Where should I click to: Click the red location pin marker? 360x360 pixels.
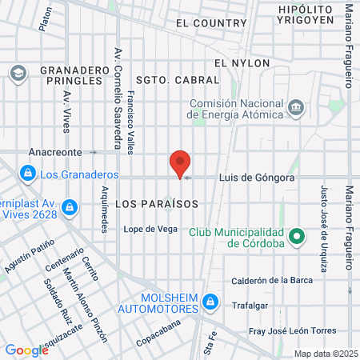(x=180, y=163)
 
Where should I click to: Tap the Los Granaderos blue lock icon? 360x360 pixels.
(x=27, y=173)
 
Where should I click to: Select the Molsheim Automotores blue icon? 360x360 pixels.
(x=210, y=302)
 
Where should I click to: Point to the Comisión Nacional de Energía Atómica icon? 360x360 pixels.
(x=295, y=107)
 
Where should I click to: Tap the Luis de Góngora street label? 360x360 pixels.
(x=257, y=177)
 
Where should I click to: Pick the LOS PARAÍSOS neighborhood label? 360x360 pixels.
(x=156, y=204)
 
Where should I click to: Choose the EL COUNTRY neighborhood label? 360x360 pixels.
(x=211, y=23)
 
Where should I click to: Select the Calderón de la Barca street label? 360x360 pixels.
(x=276, y=280)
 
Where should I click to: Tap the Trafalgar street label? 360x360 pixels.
(x=249, y=306)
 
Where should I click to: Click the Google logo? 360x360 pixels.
(x=26, y=350)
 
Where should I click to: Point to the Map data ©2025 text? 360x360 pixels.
(x=325, y=354)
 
